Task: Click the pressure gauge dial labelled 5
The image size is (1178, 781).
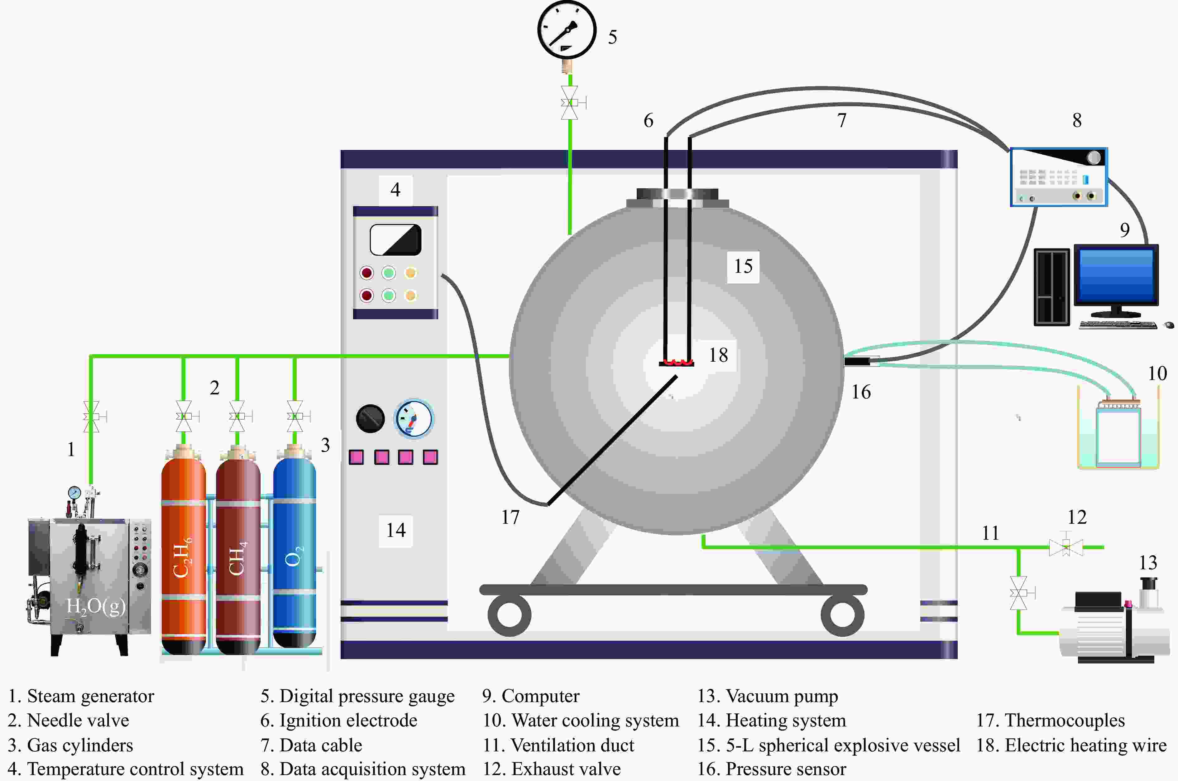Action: (567, 30)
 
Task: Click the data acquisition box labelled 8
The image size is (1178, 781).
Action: (1059, 177)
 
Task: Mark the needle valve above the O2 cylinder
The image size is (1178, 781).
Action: (295, 416)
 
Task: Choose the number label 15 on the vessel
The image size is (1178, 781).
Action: (743, 267)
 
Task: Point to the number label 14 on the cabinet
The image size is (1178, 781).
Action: (396, 530)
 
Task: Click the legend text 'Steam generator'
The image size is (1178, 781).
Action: (90, 696)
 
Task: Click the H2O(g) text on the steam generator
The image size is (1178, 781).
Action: (96, 606)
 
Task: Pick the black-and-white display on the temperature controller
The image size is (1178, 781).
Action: (395, 239)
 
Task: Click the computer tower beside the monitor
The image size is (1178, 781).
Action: (1051, 287)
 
